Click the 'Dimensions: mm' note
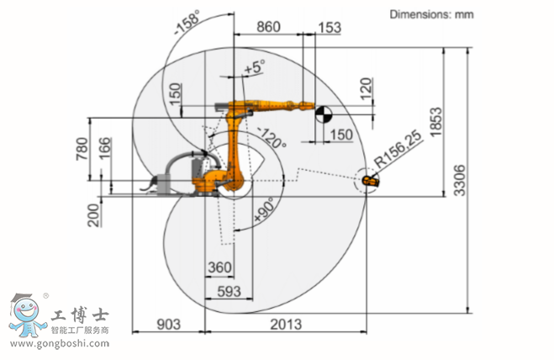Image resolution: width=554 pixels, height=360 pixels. (431, 14)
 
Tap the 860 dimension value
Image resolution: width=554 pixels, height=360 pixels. (268, 27)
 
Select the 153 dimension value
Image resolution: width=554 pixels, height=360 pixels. (330, 28)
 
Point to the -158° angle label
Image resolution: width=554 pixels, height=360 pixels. (187, 22)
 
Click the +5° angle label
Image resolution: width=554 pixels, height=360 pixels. (255, 66)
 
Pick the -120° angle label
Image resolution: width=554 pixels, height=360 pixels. (272, 137)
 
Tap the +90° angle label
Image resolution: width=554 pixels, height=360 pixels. (264, 209)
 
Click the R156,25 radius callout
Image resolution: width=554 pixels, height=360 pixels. (398, 149)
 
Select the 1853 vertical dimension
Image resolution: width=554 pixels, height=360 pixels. (435, 122)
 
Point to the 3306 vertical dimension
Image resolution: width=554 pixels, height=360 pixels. (459, 180)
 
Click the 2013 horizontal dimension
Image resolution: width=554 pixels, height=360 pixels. (286, 324)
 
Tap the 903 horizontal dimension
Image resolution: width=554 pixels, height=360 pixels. (168, 324)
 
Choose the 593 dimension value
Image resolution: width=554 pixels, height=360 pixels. (229, 291)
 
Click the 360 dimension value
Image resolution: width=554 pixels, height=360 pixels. (219, 267)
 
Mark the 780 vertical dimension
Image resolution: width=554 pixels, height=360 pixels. (82, 149)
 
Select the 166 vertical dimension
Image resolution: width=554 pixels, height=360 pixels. (104, 149)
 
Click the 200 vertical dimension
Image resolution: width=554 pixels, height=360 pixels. (93, 215)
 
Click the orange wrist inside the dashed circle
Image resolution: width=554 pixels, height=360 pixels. (371, 182)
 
